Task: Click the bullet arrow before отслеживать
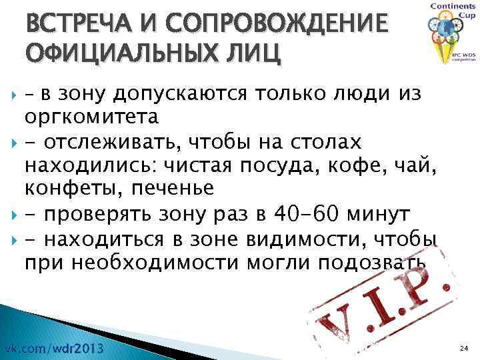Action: pos(9,142)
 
